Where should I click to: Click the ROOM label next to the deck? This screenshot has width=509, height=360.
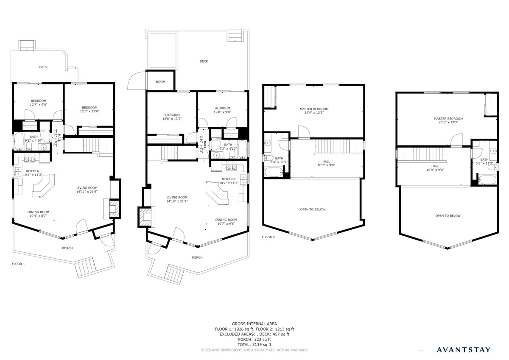(x=160, y=82)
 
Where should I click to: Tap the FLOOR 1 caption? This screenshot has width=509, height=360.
(x=18, y=264)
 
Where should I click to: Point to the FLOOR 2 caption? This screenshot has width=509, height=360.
(x=268, y=237)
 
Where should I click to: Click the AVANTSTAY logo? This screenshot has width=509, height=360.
(x=464, y=349)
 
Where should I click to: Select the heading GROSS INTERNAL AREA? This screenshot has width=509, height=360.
(x=254, y=324)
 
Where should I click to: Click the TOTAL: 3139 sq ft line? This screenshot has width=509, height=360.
(x=254, y=345)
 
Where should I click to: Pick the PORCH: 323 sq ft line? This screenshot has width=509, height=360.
(x=254, y=340)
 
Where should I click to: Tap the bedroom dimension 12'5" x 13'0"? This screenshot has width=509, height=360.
(x=89, y=112)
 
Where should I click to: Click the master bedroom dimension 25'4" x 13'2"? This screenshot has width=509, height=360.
(x=314, y=112)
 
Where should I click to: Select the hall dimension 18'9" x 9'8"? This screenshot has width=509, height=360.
(x=435, y=170)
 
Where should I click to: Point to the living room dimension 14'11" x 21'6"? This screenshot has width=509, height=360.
(x=87, y=192)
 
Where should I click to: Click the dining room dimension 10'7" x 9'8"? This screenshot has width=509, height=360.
(x=226, y=223)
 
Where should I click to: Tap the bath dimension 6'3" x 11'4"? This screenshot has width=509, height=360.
(x=279, y=162)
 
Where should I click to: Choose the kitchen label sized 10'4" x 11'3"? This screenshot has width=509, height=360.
(x=33, y=173)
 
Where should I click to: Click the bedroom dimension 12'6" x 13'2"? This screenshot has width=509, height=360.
(x=172, y=119)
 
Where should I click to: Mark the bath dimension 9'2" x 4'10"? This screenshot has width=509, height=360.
(x=34, y=141)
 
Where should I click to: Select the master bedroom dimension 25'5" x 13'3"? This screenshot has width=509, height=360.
(x=448, y=122)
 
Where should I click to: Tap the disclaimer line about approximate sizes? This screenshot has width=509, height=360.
(x=254, y=350)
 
